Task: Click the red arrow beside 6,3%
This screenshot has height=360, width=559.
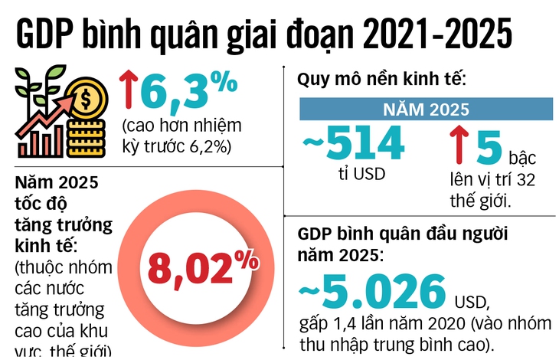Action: (x=127, y=90)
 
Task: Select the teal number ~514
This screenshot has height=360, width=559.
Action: (x=353, y=142)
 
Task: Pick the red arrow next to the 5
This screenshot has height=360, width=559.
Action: (x=456, y=145)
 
